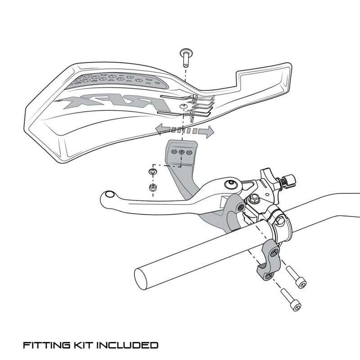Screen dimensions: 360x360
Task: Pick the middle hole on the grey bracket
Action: (x=181, y=152)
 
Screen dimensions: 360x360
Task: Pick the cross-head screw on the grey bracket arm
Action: (x=241, y=207)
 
